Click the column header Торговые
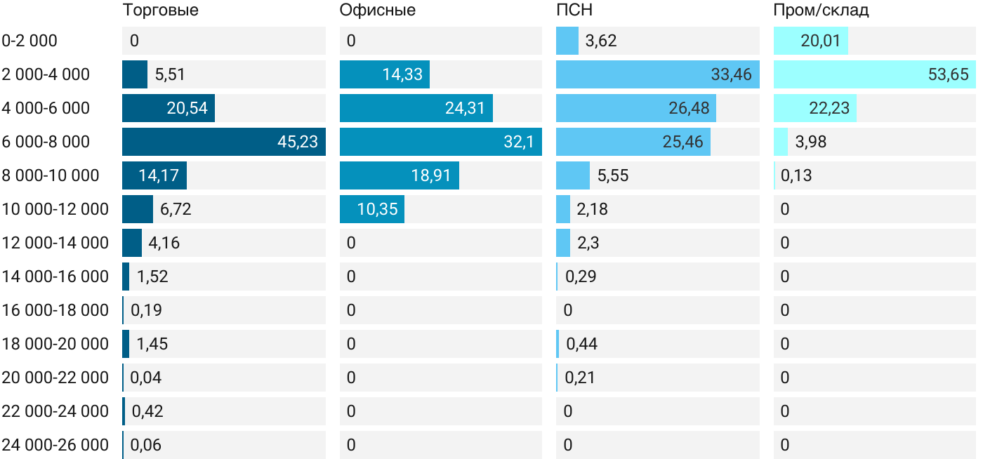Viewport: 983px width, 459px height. coord(160,10)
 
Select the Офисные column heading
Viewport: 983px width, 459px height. coord(377,10)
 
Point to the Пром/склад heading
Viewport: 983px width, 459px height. coord(821,10)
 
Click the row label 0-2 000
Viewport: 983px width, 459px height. coord(29,41)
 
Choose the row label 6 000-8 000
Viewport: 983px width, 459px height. coord(46,142)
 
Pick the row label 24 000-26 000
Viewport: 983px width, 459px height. coord(55,445)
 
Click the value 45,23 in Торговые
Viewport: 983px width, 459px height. coord(298,142)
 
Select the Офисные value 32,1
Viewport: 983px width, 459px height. coord(518,142)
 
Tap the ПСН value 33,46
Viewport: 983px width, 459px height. coord(731,74)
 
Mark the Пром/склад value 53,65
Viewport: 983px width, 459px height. coord(948,74)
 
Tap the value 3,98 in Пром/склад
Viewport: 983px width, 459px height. coord(811,142)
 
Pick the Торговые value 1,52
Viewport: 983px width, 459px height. coord(152,277)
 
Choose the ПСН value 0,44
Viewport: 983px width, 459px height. coord(581,344)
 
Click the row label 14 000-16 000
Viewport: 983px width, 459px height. coord(55,277)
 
